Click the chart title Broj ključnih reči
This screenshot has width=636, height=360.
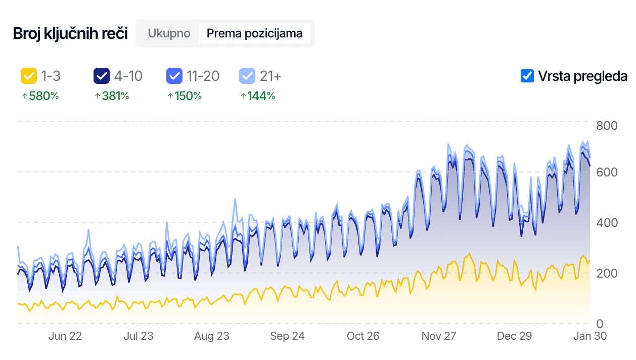point(70,34)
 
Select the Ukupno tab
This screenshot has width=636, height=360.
point(169,33)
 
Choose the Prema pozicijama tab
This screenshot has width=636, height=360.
point(254,33)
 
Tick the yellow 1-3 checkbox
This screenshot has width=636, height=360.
point(28,76)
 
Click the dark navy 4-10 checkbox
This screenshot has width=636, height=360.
point(102,76)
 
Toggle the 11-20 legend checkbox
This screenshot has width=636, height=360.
point(174,76)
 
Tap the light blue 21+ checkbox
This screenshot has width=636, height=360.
point(247,76)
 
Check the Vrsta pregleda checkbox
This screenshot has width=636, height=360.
point(527,76)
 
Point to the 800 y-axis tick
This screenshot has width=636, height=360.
point(607,125)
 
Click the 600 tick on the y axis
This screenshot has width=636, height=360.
point(607,172)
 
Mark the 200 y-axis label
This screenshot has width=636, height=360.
point(607,273)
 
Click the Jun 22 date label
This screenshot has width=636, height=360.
point(65,336)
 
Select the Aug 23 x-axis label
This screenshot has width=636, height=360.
point(212,336)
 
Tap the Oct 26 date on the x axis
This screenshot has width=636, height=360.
point(363,336)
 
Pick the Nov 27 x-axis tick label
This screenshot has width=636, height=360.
point(439,336)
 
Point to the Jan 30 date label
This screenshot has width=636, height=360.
point(589,336)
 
